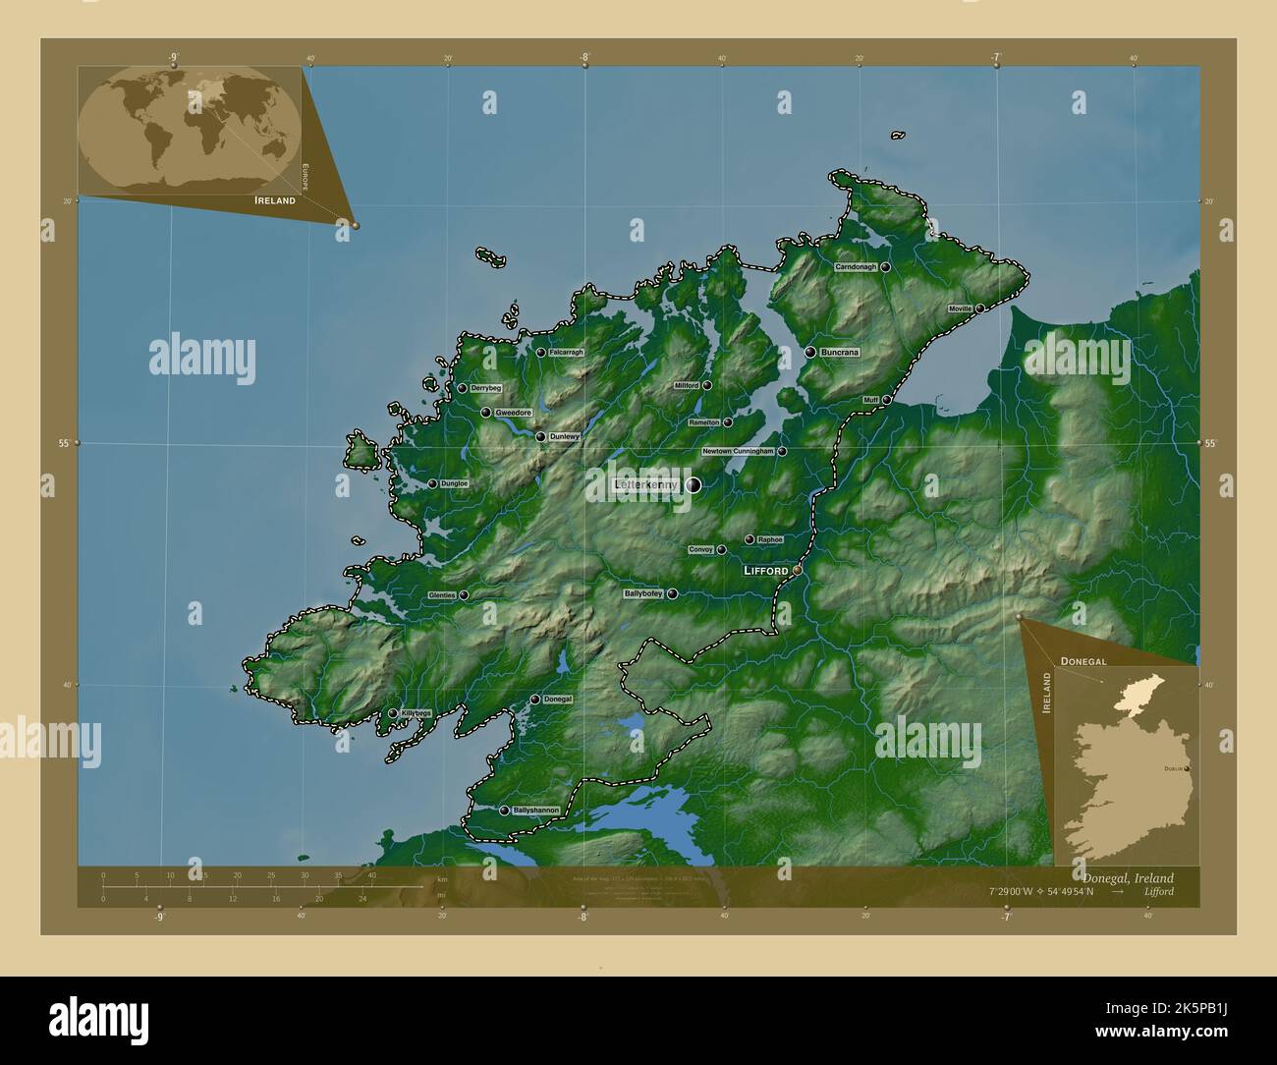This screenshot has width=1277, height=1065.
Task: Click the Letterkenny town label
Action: [x=645, y=485]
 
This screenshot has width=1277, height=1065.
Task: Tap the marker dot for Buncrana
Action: [x=810, y=352]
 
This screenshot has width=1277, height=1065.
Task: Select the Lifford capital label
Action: [x=766, y=570]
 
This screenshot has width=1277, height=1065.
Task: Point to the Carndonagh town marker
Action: [x=885, y=267]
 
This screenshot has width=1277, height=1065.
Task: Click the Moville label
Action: [x=960, y=308]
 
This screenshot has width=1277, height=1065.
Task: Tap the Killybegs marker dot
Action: [x=393, y=713]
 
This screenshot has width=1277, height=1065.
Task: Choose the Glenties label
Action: [x=442, y=595]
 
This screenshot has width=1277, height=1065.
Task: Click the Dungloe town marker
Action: [x=432, y=483]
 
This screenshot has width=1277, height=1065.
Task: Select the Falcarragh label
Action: [x=567, y=352]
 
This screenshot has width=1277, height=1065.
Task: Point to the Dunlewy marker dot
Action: [x=540, y=436]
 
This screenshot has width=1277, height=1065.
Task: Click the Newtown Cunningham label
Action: [x=738, y=452]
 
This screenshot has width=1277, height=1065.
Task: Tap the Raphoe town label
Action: [x=770, y=539]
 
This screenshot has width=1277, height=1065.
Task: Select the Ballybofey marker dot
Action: [x=672, y=594]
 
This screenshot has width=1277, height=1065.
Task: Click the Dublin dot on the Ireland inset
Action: [x=1188, y=768]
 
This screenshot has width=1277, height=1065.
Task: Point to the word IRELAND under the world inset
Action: [x=275, y=200]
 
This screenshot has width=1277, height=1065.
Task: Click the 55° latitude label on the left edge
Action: [x=62, y=443]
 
